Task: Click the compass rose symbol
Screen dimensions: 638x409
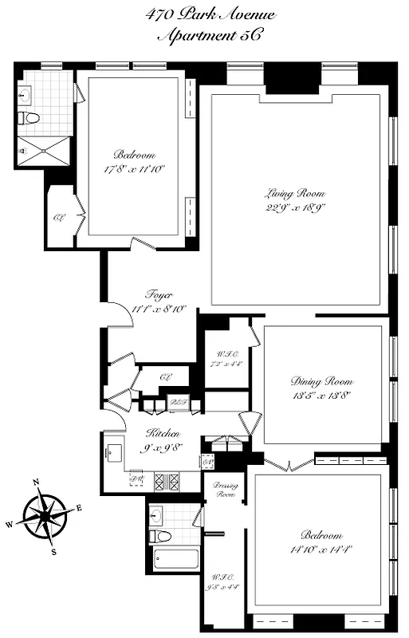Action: tap(45, 515)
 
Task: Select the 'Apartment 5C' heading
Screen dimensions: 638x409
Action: tap(210, 36)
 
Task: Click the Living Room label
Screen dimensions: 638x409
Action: tap(295, 193)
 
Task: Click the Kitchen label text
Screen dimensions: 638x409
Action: tap(162, 433)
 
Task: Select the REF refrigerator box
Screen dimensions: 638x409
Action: tap(179, 404)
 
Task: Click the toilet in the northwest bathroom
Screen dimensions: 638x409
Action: tap(29, 119)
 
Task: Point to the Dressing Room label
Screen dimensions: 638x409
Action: tap(226, 490)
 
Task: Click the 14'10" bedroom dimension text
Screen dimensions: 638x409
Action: tap(322, 548)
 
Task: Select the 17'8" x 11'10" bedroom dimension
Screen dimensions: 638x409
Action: tap(133, 168)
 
